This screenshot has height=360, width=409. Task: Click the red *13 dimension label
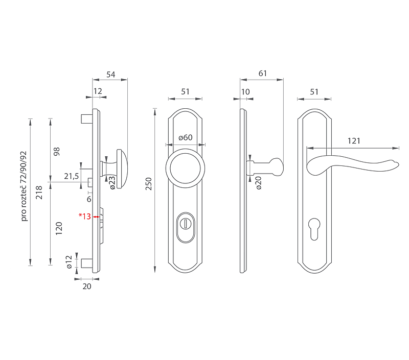[85, 216]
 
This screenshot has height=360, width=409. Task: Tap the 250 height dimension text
[148, 184]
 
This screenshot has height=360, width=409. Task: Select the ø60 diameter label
[186, 137]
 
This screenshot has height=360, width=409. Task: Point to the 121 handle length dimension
[354, 141]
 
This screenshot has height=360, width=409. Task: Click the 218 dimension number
[39, 193]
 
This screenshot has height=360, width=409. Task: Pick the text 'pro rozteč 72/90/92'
[24, 186]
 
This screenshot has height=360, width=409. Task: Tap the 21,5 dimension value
[72, 176]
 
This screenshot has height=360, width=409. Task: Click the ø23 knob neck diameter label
[112, 183]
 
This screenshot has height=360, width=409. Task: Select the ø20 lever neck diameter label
[258, 183]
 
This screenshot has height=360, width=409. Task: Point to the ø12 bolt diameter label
[69, 262]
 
